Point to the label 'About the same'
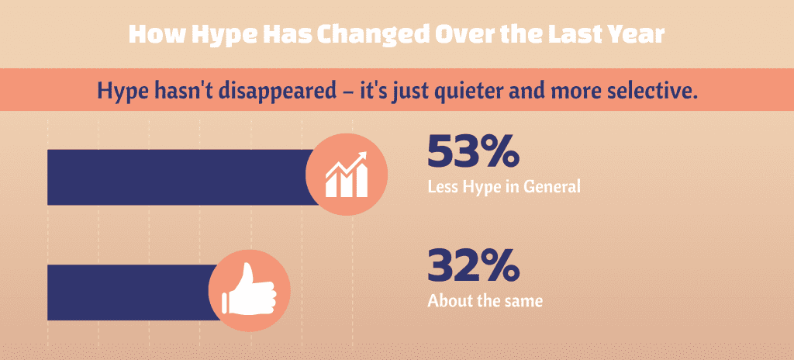tap(485, 300)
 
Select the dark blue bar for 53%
tap(178, 177)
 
